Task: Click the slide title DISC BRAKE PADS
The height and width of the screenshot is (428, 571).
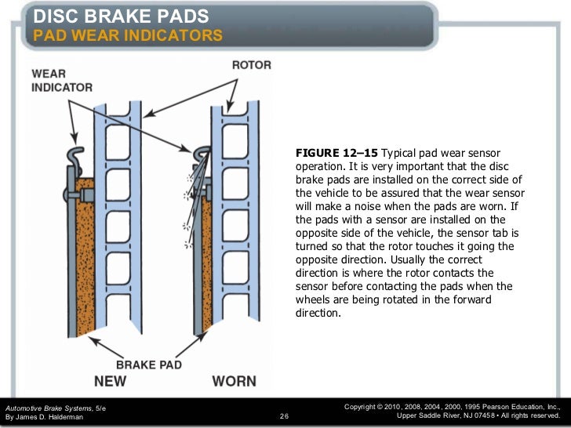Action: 121,16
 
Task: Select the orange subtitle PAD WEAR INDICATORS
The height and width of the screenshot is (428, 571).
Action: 128,37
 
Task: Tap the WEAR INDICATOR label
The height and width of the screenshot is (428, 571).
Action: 62,80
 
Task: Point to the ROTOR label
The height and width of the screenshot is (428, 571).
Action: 251,66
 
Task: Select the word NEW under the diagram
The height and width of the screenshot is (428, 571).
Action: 111,382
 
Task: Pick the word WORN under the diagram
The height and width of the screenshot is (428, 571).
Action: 234,382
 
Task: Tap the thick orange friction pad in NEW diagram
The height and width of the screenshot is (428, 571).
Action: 84,251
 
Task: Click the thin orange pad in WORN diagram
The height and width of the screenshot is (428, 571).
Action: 207,259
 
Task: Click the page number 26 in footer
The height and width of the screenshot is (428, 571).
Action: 284,416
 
